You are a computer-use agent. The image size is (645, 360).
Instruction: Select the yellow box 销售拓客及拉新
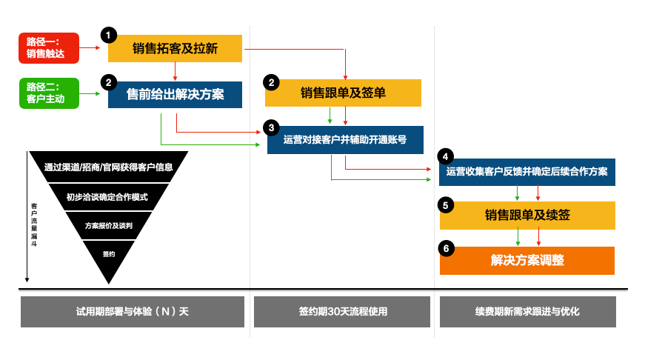pyautogui.click(x=175, y=48)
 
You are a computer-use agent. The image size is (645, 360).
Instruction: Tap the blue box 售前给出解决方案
pyautogui.click(x=175, y=95)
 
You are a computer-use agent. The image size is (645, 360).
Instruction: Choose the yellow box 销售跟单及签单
pyautogui.click(x=343, y=93)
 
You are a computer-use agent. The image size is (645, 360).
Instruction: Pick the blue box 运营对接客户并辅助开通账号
pyautogui.click(x=345, y=139)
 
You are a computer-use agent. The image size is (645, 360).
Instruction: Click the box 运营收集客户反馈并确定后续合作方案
pyautogui.click(x=527, y=172)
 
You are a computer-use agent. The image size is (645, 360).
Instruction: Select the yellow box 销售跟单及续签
pyautogui.click(x=527, y=216)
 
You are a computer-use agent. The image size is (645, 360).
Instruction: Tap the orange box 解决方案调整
pyautogui.click(x=527, y=261)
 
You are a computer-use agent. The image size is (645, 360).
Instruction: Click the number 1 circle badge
pyautogui.click(x=109, y=35)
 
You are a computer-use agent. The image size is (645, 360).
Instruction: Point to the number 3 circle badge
pyautogui.click(x=272, y=127)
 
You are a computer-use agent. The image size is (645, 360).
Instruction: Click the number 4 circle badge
pyautogui.click(x=445, y=156)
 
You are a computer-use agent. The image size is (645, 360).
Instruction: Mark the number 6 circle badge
pyautogui.click(x=445, y=248)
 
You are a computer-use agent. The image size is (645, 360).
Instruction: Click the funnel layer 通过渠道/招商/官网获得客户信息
pyautogui.click(x=108, y=167)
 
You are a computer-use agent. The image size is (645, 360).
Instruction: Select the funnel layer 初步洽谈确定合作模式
pyautogui.click(x=108, y=197)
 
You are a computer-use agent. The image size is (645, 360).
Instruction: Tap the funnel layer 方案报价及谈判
pyautogui.click(x=108, y=225)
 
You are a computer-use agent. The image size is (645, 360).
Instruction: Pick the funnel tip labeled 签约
pyautogui.click(x=108, y=255)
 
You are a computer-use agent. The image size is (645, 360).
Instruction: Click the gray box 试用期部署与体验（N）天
pyautogui.click(x=133, y=312)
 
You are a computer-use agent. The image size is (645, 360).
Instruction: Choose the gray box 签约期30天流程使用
pyautogui.click(x=341, y=312)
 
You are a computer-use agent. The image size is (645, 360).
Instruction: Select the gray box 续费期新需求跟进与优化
pyautogui.click(x=527, y=312)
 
